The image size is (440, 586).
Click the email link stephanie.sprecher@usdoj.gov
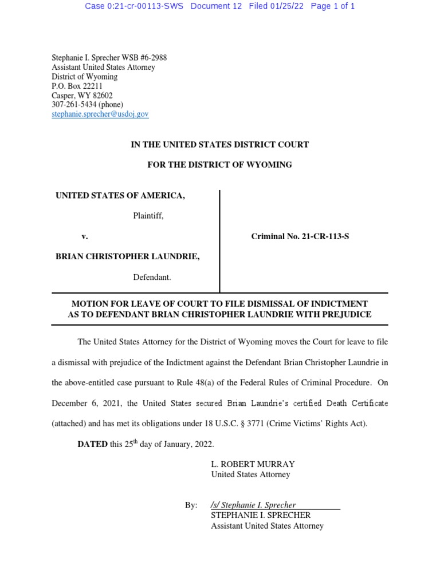click(x=100, y=114)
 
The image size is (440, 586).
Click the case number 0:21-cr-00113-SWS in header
click(x=134, y=6)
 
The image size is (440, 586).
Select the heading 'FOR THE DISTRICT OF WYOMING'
click(x=219, y=164)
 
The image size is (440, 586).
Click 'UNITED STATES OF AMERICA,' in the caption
click(x=120, y=196)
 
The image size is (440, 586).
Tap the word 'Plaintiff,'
click(x=148, y=216)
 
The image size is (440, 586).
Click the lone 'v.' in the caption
click(x=85, y=236)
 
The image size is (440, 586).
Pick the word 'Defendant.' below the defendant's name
click(x=152, y=277)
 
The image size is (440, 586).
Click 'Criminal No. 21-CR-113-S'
click(x=300, y=236)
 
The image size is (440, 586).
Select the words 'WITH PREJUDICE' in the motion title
click(x=337, y=314)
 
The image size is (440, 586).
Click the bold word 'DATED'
click(x=93, y=444)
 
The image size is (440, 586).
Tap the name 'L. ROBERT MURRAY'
click(x=253, y=464)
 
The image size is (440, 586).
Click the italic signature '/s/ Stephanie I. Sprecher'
click(x=253, y=505)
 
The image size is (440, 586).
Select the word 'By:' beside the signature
click(x=191, y=505)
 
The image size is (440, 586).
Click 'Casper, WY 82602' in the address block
click(x=82, y=96)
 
